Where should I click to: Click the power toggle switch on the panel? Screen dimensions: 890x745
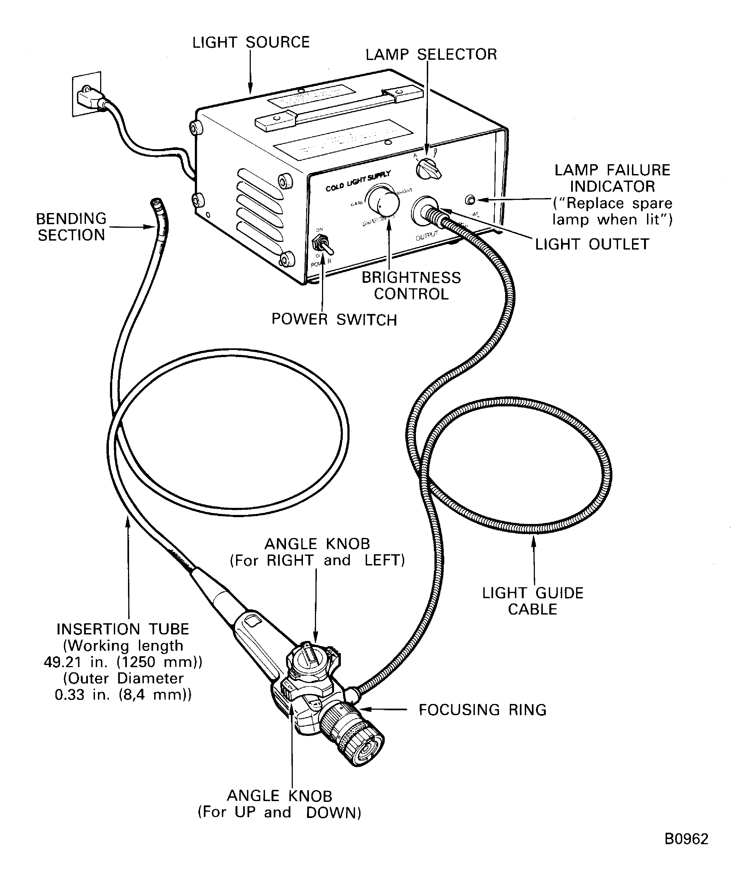tap(319, 245)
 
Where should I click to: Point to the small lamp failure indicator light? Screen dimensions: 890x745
tap(470, 200)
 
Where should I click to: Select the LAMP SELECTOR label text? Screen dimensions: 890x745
tap(431, 55)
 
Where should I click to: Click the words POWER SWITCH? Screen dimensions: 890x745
tap(334, 320)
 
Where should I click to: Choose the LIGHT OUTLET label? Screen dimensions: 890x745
tap(592, 244)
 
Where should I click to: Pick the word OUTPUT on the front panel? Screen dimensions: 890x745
tap(427, 236)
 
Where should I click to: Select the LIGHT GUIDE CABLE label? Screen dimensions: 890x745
tap(533, 601)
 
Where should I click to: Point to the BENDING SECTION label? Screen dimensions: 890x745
tap(71, 227)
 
